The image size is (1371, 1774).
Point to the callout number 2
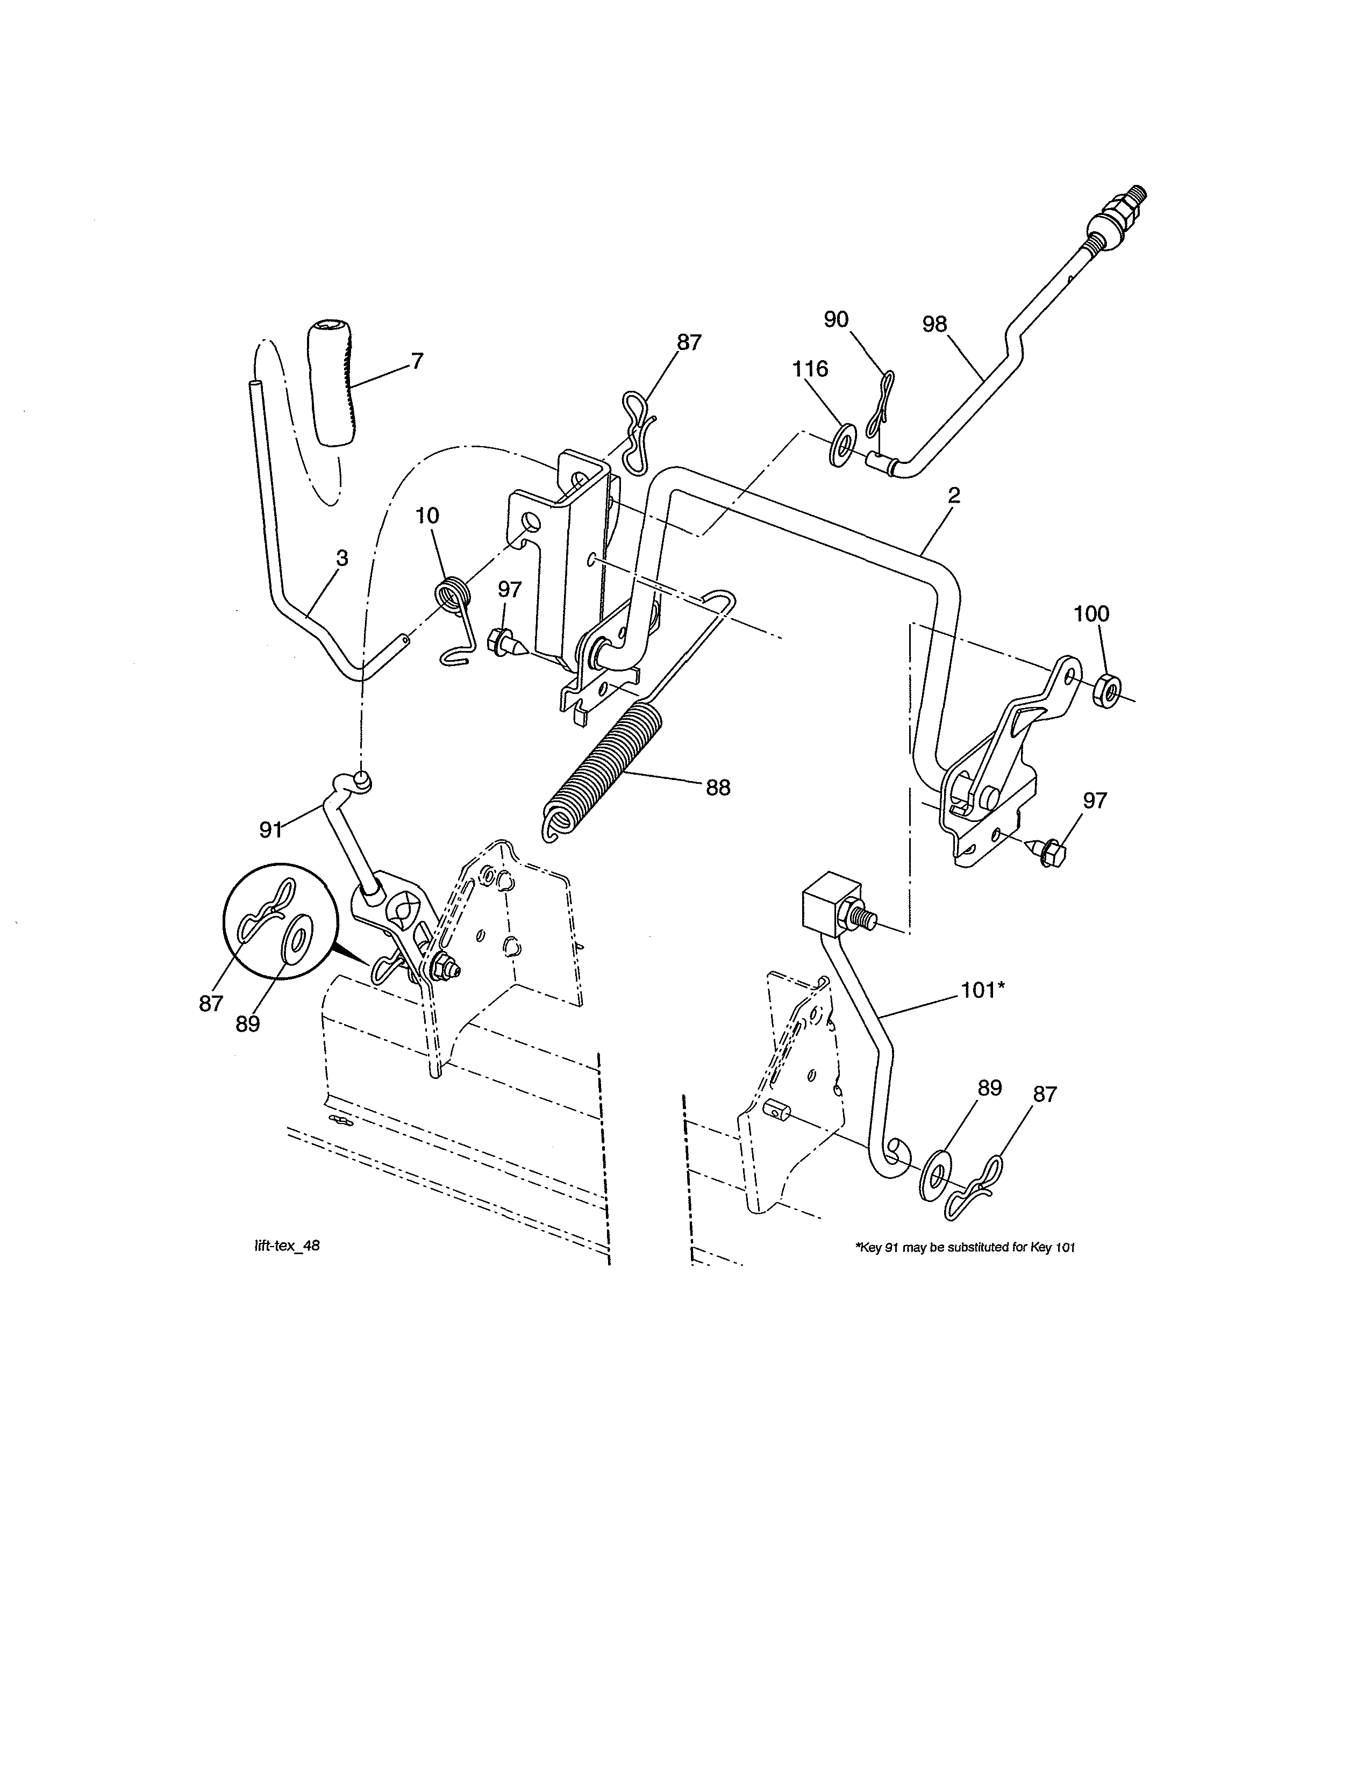(x=954, y=495)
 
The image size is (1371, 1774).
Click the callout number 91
(x=270, y=829)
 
